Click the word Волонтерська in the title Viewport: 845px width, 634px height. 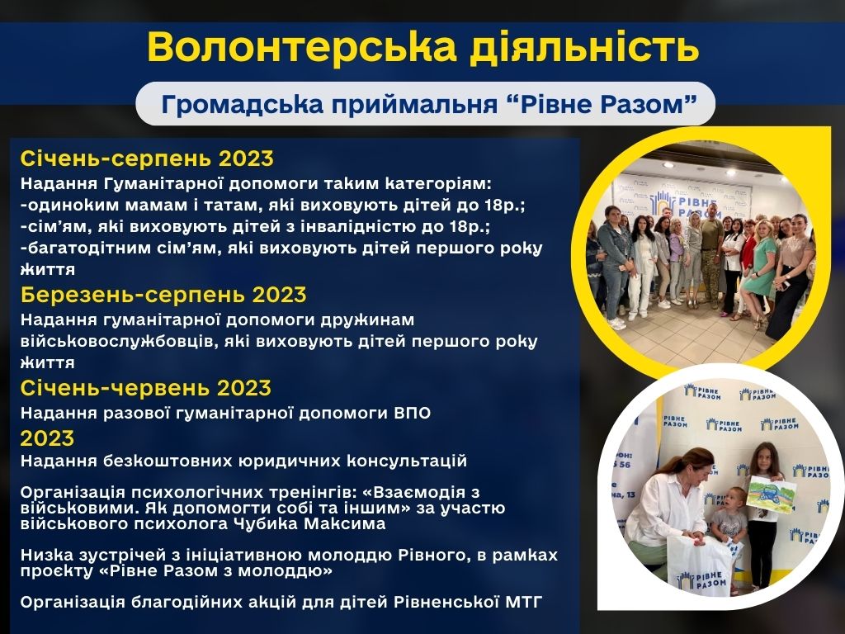(302, 47)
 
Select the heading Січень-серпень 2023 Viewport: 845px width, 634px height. (147, 158)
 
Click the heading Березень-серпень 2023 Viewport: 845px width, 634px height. (163, 295)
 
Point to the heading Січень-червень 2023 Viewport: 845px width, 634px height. (145, 388)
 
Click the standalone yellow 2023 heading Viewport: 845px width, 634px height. (47, 438)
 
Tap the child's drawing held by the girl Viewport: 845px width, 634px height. (772, 494)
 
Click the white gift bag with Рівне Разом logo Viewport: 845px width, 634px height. (700, 565)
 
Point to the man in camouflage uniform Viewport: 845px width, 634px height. (710, 253)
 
